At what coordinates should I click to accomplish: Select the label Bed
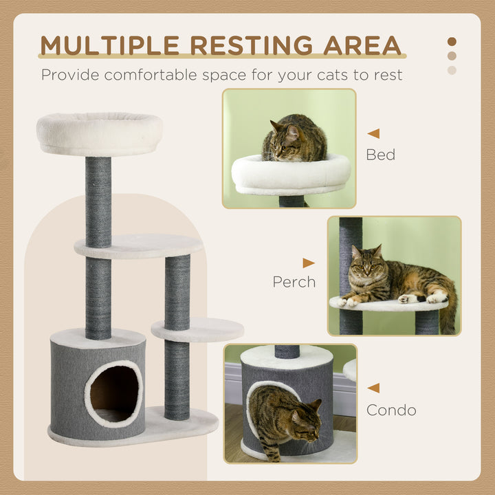coord(380,155)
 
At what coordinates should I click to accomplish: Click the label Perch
coord(294,282)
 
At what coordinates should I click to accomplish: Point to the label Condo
coord(391,410)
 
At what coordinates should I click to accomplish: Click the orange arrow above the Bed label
coord(373,133)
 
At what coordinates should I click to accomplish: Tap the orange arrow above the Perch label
coord(308,263)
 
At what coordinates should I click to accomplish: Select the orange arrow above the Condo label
coord(373,388)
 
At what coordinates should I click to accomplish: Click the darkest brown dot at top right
coord(452,41)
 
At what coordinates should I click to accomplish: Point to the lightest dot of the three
coord(452,70)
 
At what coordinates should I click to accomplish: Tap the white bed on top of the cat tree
coord(99,133)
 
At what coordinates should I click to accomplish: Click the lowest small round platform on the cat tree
coord(198,329)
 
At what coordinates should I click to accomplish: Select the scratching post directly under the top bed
coord(98,199)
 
